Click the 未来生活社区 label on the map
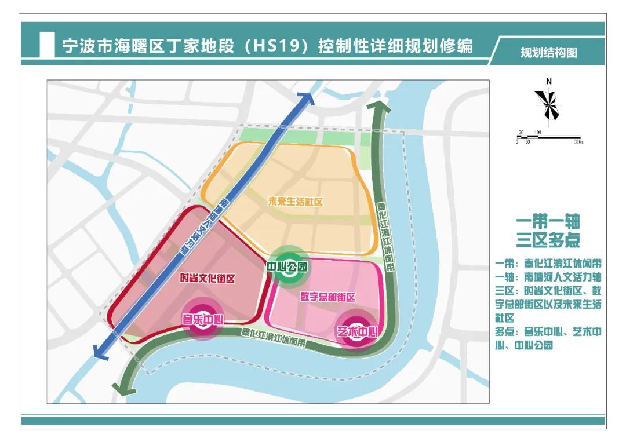[x=295, y=202]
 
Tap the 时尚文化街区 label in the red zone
[x=206, y=279]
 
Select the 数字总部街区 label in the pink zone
[x=327, y=297]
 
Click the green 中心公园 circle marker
[x=287, y=267]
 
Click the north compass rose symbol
[x=547, y=107]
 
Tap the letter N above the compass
[x=548, y=81]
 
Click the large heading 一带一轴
[x=548, y=221]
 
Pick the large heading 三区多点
[x=548, y=239]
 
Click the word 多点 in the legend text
[x=505, y=332]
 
